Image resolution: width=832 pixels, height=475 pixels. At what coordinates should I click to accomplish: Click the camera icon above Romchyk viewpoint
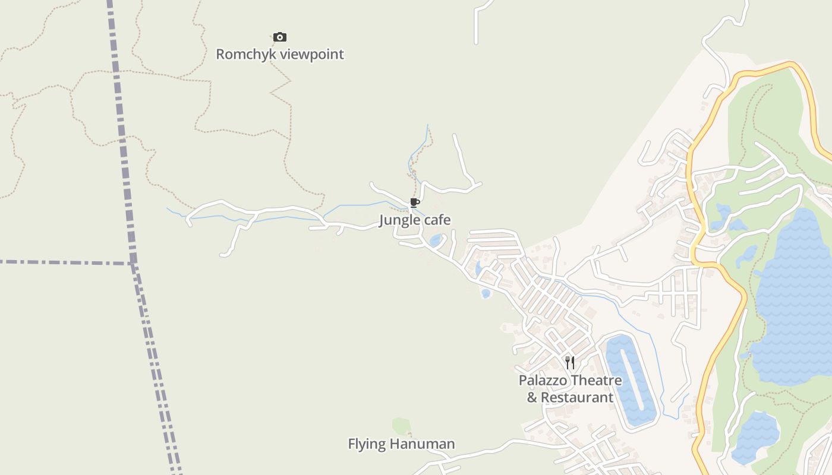(x=280, y=37)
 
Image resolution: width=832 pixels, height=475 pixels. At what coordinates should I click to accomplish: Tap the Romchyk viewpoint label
(x=280, y=54)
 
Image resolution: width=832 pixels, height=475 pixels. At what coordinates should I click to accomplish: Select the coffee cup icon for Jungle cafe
(x=415, y=203)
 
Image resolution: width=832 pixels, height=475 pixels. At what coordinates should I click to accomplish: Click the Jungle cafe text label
(x=415, y=220)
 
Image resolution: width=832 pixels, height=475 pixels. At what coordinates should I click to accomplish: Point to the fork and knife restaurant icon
(x=569, y=362)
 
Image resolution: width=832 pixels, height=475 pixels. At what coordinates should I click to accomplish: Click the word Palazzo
(x=544, y=380)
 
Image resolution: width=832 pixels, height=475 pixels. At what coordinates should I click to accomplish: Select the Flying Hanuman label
(x=401, y=444)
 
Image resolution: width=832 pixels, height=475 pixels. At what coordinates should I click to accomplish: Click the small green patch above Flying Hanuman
(x=401, y=426)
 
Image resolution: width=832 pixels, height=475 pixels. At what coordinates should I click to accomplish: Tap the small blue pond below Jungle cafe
(x=436, y=240)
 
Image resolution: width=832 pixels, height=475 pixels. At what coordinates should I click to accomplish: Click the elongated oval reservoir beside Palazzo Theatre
(x=631, y=380)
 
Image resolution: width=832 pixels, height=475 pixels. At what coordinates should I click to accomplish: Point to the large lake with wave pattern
(x=793, y=297)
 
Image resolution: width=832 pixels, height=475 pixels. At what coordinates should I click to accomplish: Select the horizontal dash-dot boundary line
(x=59, y=262)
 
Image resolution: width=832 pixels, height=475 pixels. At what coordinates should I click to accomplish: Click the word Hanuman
(x=428, y=444)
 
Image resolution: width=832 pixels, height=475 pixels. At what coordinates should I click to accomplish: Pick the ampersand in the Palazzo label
(x=532, y=397)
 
